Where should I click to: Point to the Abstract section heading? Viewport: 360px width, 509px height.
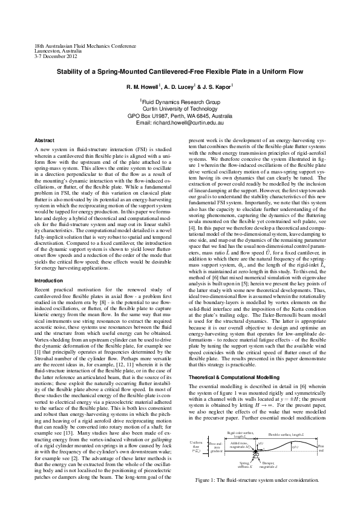[x=45, y=140]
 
